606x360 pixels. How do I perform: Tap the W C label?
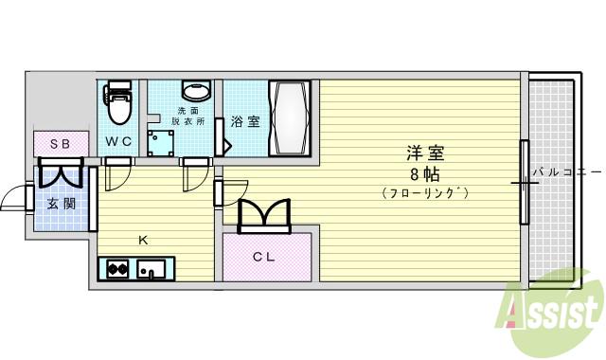click(118, 141)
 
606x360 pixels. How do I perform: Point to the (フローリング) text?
click(426, 193)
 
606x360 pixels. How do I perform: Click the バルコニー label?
click(565, 171)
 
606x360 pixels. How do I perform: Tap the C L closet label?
click(264, 255)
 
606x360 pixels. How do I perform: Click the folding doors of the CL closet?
click(265, 215)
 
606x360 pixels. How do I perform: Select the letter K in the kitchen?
click(144, 240)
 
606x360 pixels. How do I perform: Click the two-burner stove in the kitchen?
click(117, 270)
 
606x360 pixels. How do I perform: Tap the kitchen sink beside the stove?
click(151, 271)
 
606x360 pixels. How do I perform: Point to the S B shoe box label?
click(60, 144)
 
